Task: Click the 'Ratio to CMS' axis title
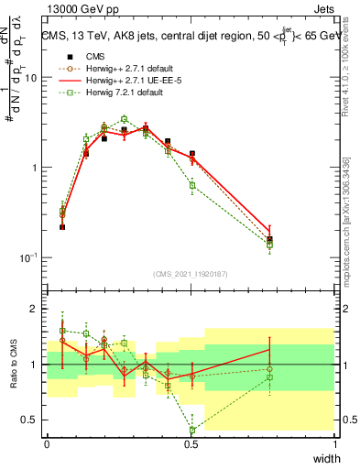pyautogui.click(x=12, y=365)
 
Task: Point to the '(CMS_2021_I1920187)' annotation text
pyautogui.click(x=191, y=273)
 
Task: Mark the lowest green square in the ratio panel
pyautogui.click(x=192, y=430)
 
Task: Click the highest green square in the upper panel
pyautogui.click(x=125, y=119)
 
